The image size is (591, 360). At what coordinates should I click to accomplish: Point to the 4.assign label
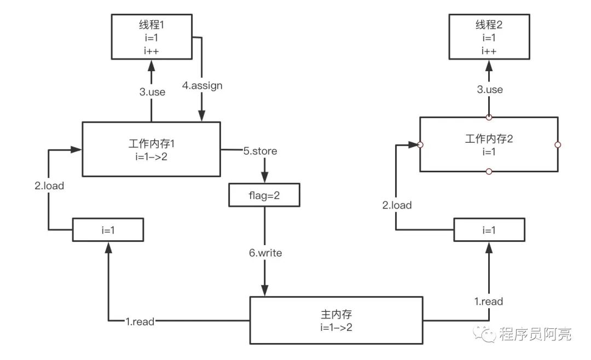[x=202, y=85]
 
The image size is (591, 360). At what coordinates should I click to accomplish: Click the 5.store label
[x=260, y=151]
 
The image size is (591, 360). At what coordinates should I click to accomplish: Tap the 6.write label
[x=265, y=253]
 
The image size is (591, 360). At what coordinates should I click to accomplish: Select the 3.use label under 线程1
[x=152, y=92]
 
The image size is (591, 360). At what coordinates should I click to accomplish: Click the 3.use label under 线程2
[x=490, y=90]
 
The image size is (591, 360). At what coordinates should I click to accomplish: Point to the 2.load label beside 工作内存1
[x=49, y=185]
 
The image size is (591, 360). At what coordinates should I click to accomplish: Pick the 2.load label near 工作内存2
[x=397, y=205]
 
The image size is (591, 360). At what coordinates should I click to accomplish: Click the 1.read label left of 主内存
[x=140, y=322]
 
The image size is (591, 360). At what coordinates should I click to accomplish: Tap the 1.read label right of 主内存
[x=489, y=301]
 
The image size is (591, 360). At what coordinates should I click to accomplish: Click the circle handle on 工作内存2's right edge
[x=558, y=145]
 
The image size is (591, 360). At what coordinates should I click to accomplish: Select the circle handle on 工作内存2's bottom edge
[x=489, y=172]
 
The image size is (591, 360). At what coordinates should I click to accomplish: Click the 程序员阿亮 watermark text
[x=535, y=334]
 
